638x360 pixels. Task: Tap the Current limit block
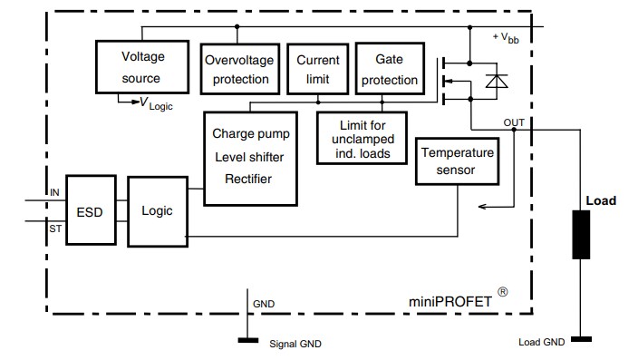318,69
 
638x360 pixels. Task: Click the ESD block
89,212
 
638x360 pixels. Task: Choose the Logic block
157,210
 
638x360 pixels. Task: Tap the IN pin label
54,192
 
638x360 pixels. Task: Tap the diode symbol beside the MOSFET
497,83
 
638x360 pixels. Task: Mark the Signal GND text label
295,344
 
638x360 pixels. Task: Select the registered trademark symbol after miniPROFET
502,292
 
